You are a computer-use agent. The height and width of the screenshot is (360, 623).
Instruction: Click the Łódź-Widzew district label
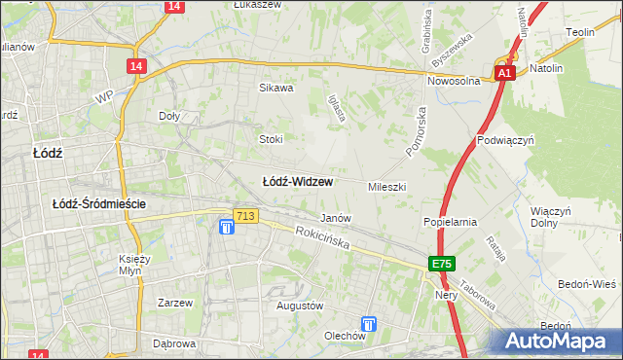[299, 182]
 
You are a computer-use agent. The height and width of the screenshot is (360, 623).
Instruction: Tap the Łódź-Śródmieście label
[99, 203]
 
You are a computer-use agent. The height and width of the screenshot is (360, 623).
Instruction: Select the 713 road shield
[245, 216]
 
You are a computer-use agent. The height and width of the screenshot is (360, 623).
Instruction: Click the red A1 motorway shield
[504, 73]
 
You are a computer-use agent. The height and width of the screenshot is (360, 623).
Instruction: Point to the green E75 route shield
[443, 264]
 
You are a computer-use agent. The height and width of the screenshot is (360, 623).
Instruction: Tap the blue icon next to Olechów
[369, 324]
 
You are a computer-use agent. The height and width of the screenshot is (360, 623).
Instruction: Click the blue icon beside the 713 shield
[226, 228]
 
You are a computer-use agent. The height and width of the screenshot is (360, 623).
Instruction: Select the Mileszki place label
[386, 186]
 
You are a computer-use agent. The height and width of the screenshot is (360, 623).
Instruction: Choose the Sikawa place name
[275, 88]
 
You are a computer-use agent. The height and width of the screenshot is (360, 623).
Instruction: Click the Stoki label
[271, 138]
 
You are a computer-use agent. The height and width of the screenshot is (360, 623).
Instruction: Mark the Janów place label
[336, 218]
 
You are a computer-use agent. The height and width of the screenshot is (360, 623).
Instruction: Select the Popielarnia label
[449, 222]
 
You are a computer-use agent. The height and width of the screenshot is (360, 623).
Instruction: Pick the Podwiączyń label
[506, 140]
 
